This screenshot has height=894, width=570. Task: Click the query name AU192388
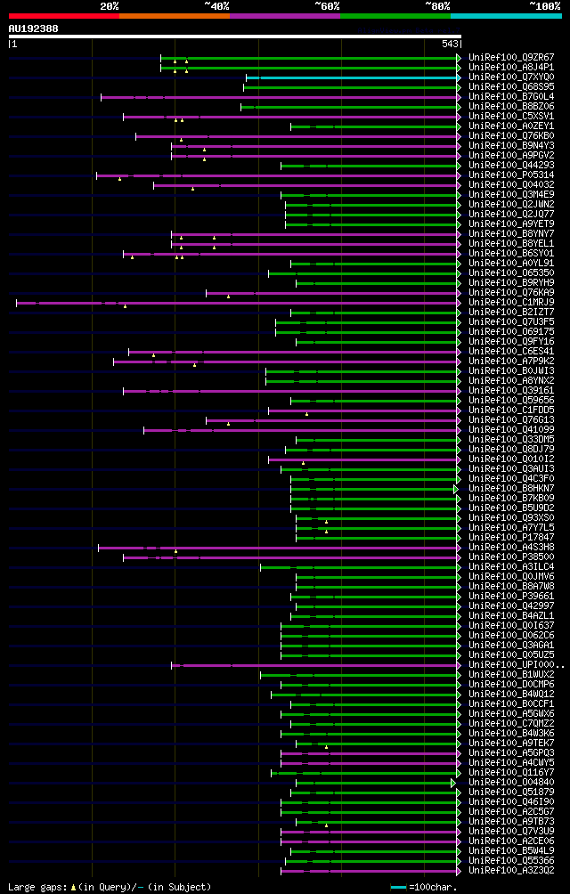tap(34, 28)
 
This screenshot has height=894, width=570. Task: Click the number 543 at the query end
tap(450, 44)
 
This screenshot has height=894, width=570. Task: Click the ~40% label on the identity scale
tap(216, 6)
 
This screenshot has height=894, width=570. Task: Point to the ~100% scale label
tap(545, 6)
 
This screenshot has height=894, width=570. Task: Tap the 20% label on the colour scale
tap(109, 6)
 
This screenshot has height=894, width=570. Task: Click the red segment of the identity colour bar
tap(63, 16)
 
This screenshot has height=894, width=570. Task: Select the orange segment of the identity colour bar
tap(174, 16)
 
